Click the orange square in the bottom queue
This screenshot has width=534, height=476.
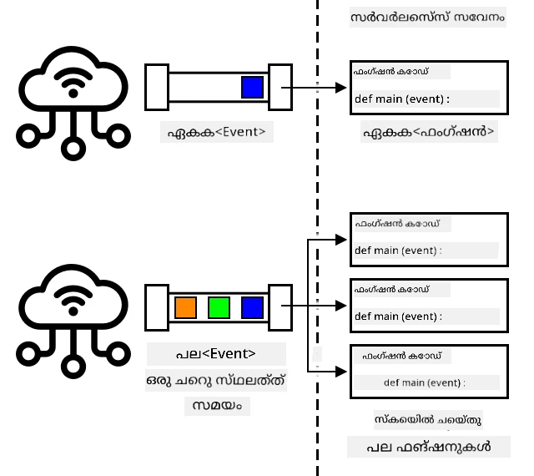[185, 307]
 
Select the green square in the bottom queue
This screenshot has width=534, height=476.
[219, 307]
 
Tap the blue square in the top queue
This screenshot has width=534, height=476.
[252, 88]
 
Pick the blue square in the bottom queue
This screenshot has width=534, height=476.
[252, 307]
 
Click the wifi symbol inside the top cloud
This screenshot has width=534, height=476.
[73, 83]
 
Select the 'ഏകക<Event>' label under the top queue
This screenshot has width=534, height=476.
[216, 132]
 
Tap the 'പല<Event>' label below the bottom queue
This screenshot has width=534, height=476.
[216, 353]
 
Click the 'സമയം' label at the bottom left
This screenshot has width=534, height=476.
[217, 405]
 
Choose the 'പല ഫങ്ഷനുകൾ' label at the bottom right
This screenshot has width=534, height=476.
[429, 447]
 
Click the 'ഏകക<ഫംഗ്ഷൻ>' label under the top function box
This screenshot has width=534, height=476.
[429, 132]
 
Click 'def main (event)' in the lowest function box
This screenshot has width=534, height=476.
[422, 382]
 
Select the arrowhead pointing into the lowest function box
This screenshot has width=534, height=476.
[341, 372]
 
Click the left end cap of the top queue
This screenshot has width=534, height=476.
[157, 88]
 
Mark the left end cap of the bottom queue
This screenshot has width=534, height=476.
[157, 307]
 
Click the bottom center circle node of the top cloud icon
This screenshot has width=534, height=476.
[73, 149]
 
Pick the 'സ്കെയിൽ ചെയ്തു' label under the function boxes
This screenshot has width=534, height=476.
[428, 419]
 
